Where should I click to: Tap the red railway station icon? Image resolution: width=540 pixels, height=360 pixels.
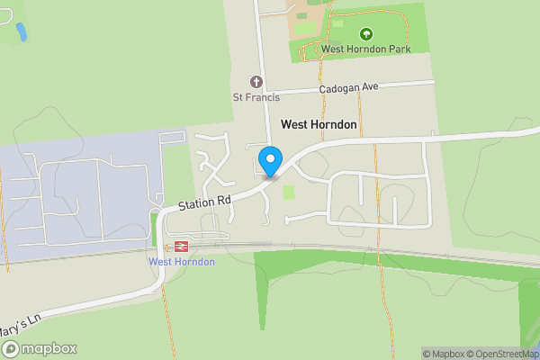pos(181,245)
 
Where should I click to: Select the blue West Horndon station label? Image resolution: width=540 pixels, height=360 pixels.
pos(181,262)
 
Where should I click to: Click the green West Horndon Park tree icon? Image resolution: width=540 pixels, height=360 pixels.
pos(365,33)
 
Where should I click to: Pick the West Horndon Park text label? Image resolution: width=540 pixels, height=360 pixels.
pos(365,49)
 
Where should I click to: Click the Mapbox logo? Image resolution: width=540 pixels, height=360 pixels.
pos(39,348)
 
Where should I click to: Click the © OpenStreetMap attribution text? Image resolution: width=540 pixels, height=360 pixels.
pos(505,354)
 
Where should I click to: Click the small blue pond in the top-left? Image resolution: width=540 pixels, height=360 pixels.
pos(21,32)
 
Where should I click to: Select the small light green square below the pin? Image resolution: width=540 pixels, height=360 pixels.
pos(289,192)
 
